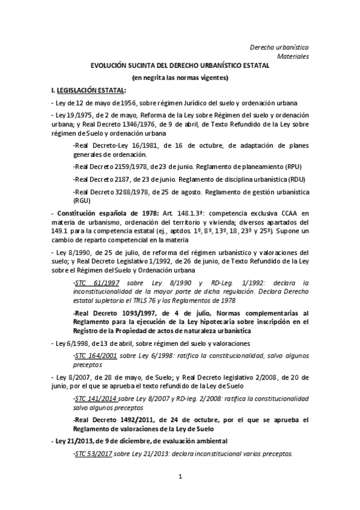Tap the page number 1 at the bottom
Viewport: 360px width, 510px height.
click(x=180, y=494)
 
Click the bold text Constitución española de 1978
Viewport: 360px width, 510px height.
click(x=96, y=213)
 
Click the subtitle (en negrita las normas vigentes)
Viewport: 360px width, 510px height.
click(x=180, y=78)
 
